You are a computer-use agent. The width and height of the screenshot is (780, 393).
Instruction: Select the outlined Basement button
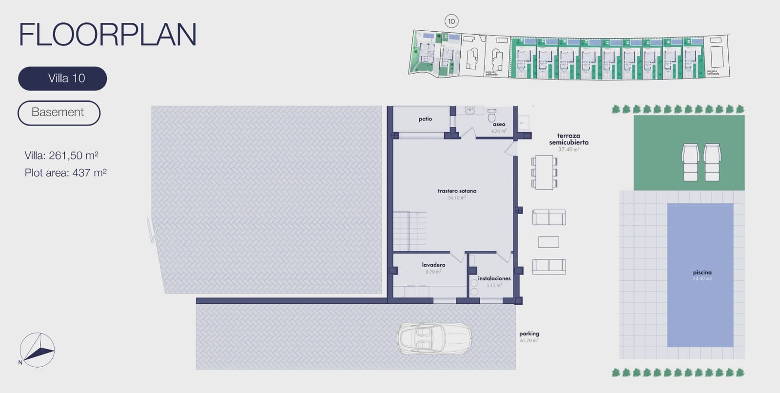(x=58, y=113)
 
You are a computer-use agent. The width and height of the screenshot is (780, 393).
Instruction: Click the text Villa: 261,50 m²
(x=61, y=156)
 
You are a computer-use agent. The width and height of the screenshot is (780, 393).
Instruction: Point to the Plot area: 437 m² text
(x=65, y=173)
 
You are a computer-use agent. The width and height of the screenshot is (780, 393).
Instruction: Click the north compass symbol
(x=37, y=350)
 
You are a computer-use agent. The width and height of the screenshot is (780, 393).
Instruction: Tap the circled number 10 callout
(x=451, y=21)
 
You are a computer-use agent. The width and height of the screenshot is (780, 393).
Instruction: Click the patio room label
(x=425, y=119)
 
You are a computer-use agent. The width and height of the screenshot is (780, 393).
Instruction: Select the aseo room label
(x=499, y=124)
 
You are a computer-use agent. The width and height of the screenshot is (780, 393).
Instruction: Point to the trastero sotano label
(x=457, y=191)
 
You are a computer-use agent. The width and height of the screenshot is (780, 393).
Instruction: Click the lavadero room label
(x=433, y=265)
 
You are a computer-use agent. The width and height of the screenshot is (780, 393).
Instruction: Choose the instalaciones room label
(x=494, y=278)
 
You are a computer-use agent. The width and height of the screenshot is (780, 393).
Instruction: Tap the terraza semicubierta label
(x=568, y=139)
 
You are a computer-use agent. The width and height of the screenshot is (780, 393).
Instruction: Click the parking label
(x=529, y=334)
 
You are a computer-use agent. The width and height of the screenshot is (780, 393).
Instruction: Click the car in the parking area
(x=435, y=337)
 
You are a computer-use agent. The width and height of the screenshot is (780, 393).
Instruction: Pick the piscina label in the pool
(x=702, y=273)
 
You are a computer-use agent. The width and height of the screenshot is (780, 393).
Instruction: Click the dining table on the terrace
(x=544, y=172)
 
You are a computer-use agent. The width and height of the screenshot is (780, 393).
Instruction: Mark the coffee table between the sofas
(x=548, y=242)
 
